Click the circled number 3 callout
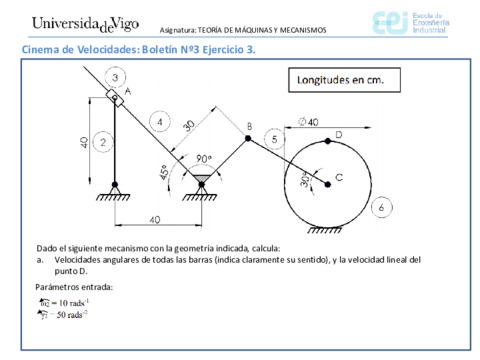tap(117, 77)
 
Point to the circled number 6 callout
tap(379, 208)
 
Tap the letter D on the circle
tap(338, 133)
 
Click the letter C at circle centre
tap(339, 178)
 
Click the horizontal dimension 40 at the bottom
tap(153, 220)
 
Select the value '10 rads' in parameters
tap(69, 301)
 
